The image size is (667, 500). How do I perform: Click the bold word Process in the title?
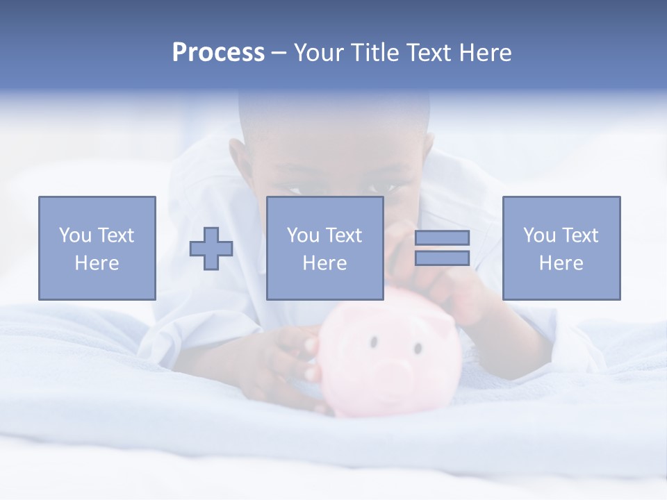tap(218, 53)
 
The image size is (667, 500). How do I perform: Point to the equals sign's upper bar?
tap(442, 237)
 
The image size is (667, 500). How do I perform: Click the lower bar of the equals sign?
tap(442, 258)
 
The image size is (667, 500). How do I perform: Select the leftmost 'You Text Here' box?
tap(97, 248)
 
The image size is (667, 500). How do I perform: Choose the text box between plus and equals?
tap(324, 248)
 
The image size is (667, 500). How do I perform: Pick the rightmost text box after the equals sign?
tap(561, 248)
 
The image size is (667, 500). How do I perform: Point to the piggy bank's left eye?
tap(374, 342)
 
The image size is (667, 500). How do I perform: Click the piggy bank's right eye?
tap(418, 347)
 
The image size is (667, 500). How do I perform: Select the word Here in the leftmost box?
tap(97, 263)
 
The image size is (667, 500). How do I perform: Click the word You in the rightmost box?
tap(539, 235)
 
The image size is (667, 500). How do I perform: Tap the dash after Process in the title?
tap(279, 53)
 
